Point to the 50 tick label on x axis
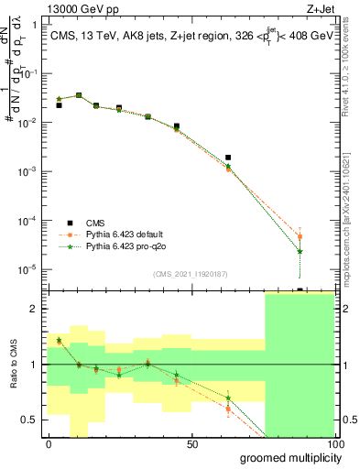pos(191,443)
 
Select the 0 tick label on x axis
pos(49,443)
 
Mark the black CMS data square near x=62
pos(228,158)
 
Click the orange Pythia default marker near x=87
pos(300,237)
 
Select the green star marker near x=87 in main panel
pos(300,251)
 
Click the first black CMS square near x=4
pos(59,105)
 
